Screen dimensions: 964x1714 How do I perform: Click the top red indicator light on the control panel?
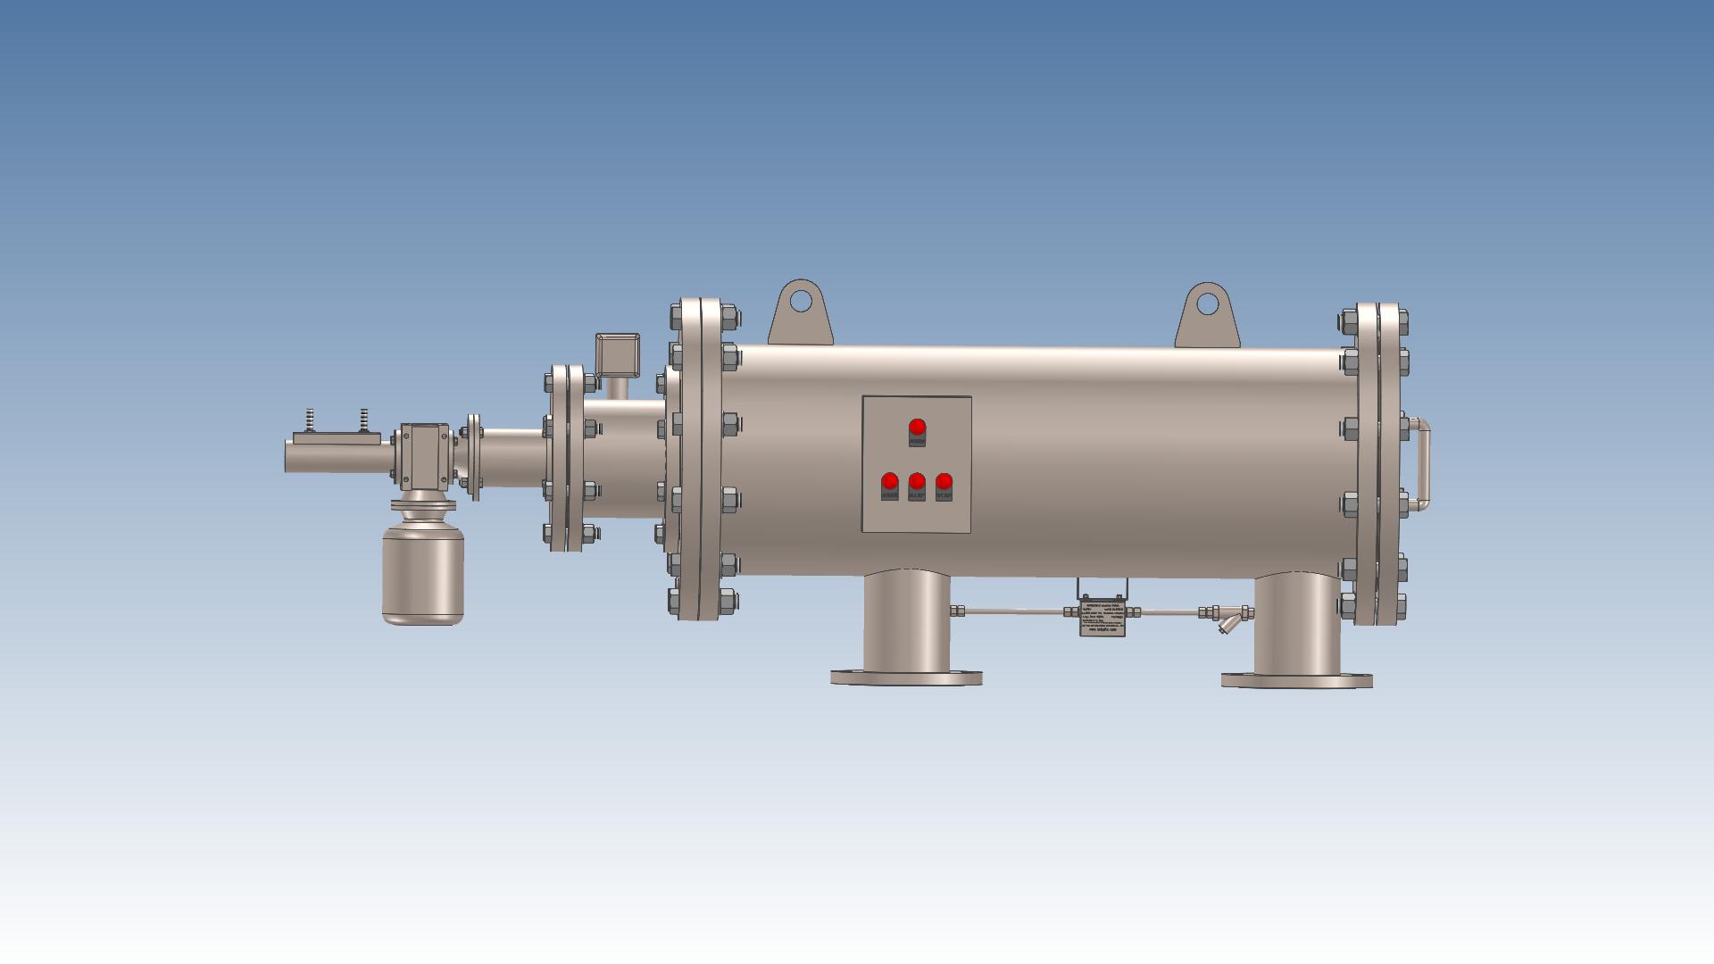pos(917,427)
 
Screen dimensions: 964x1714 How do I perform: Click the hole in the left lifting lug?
pos(801,299)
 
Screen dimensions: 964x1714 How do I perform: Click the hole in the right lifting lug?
pos(1207,303)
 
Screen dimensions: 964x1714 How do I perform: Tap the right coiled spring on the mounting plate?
pos(364,419)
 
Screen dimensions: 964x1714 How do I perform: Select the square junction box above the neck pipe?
pos(618,354)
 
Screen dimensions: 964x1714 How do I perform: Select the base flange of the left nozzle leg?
pos(906,677)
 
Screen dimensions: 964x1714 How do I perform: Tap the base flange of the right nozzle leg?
pos(1296,680)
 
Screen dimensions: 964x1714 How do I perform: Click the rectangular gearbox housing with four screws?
pos(423,456)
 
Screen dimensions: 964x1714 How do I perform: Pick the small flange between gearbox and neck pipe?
pos(474,456)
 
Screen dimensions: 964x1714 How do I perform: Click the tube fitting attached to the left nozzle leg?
pos(958,611)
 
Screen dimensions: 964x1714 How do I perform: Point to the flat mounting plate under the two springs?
pos(337,437)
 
